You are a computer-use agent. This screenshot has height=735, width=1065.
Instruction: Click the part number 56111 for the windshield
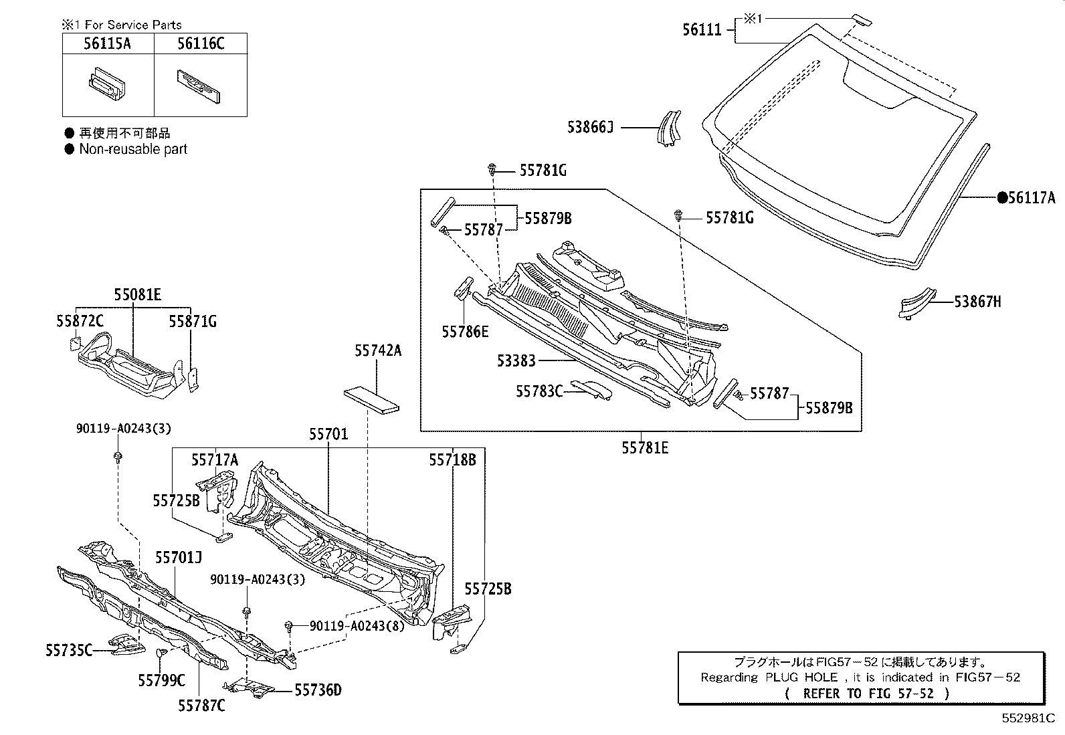(702, 29)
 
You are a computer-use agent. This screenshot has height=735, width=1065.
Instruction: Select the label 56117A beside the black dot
(1032, 197)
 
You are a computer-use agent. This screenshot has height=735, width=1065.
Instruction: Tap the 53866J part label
(590, 127)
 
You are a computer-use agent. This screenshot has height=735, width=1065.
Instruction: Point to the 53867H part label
(977, 302)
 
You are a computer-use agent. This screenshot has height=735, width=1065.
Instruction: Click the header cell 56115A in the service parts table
(108, 44)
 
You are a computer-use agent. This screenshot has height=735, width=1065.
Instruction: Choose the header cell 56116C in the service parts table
(201, 44)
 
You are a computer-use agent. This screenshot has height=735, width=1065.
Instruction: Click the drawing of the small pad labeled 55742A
(371, 399)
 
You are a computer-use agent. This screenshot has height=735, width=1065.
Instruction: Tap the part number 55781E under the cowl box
(645, 448)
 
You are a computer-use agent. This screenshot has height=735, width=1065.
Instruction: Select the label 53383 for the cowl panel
(516, 361)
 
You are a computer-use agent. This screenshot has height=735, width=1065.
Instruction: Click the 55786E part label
(465, 331)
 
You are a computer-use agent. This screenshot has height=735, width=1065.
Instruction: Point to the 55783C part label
(539, 391)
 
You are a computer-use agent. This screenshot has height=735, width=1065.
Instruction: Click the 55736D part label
(318, 690)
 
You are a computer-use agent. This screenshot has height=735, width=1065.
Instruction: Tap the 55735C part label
(70, 649)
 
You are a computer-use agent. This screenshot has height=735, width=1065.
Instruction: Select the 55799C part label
(161, 680)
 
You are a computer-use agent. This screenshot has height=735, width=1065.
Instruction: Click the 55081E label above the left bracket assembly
(137, 294)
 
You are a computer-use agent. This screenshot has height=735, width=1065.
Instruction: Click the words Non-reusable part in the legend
(133, 149)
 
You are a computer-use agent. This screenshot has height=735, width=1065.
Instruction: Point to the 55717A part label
(215, 459)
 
